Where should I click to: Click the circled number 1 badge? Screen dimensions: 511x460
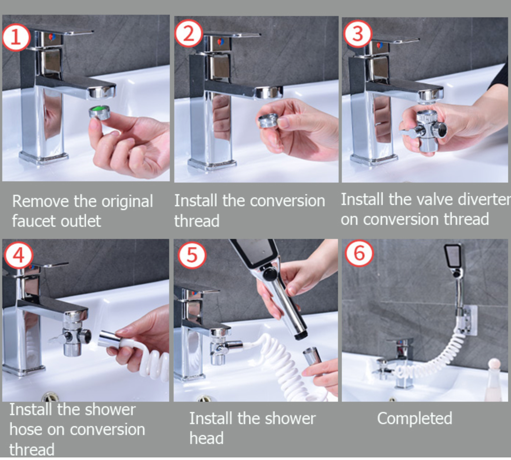tap(16, 37)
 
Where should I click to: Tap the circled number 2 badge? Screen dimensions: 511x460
tap(189, 34)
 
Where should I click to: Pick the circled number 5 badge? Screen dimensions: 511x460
tap(192, 255)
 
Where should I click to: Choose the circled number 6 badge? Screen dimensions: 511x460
tap(359, 253)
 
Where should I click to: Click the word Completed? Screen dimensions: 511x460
tap(415, 418)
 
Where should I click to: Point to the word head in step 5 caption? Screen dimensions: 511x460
tap(206, 438)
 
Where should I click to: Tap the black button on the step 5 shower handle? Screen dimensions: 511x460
tap(270, 275)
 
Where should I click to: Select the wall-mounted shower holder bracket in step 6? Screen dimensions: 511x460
tap(467, 320)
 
